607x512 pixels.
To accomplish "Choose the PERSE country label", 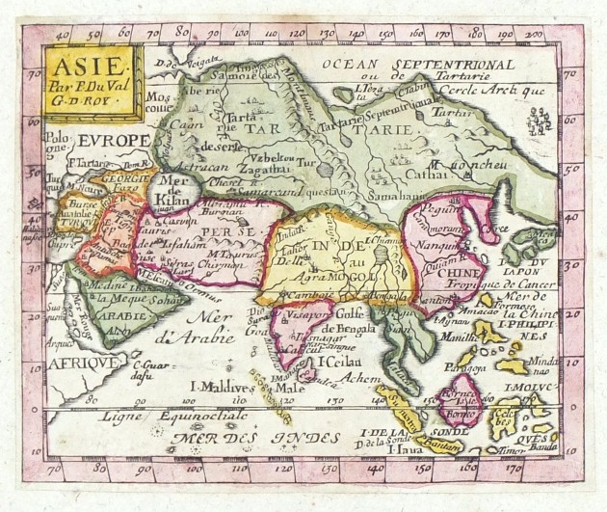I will tap(229, 234).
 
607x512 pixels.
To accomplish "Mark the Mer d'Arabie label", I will tap(216, 330).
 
